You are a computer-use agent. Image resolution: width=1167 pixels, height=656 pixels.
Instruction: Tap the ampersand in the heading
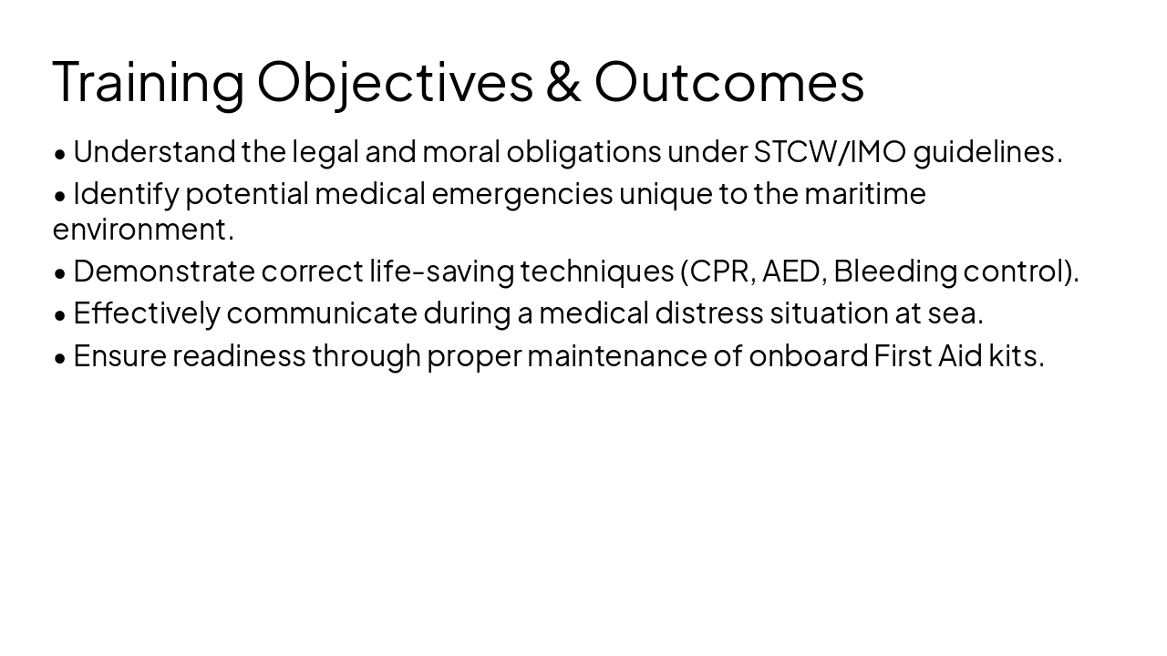[x=563, y=82]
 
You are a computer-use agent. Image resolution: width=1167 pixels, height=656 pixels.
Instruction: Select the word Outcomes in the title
[x=729, y=82]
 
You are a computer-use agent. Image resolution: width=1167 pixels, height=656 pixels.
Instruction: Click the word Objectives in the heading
[x=395, y=82]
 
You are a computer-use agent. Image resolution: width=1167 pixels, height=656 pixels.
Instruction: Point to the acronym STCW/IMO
[x=830, y=152]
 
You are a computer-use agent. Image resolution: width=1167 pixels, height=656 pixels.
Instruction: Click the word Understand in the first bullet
[x=154, y=152]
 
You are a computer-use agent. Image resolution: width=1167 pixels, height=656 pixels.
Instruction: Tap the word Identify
[x=126, y=194]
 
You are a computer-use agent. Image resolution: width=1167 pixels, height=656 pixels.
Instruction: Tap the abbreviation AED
[x=790, y=272]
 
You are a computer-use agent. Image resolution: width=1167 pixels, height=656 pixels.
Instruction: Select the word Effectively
[x=147, y=313]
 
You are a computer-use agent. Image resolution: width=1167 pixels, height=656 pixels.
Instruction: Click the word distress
[x=708, y=313]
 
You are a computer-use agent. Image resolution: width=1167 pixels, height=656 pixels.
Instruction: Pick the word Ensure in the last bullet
[x=119, y=355]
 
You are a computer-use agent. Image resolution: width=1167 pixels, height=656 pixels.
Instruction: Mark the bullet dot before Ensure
[x=60, y=357]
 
